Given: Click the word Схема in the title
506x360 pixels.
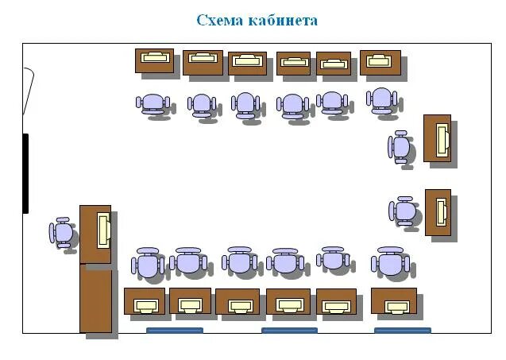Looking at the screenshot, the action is [x=220, y=20].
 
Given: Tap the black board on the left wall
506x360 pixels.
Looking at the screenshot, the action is [x=25, y=173].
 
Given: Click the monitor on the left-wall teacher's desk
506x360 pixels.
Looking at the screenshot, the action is [x=103, y=230].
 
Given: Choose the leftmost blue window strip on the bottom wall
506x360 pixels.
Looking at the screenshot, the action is [x=175, y=330].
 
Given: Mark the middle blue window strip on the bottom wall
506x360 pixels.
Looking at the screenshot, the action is [x=289, y=330].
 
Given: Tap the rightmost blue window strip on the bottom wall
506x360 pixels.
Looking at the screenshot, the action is [x=403, y=330].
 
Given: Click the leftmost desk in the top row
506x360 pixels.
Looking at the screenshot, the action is [x=154, y=60].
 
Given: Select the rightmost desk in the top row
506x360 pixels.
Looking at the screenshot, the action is [x=380, y=62].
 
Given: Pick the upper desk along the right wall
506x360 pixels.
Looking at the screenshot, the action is [x=438, y=139].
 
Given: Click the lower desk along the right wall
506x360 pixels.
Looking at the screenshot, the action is [x=438, y=212].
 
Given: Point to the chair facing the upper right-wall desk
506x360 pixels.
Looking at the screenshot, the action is [x=400, y=148].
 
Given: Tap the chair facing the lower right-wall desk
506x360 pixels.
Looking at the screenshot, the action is [x=404, y=211].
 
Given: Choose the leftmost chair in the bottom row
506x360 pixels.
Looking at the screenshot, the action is [x=149, y=264].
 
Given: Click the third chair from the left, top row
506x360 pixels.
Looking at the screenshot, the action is [x=245, y=104].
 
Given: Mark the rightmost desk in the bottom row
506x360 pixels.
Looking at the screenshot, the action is [x=394, y=301].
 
